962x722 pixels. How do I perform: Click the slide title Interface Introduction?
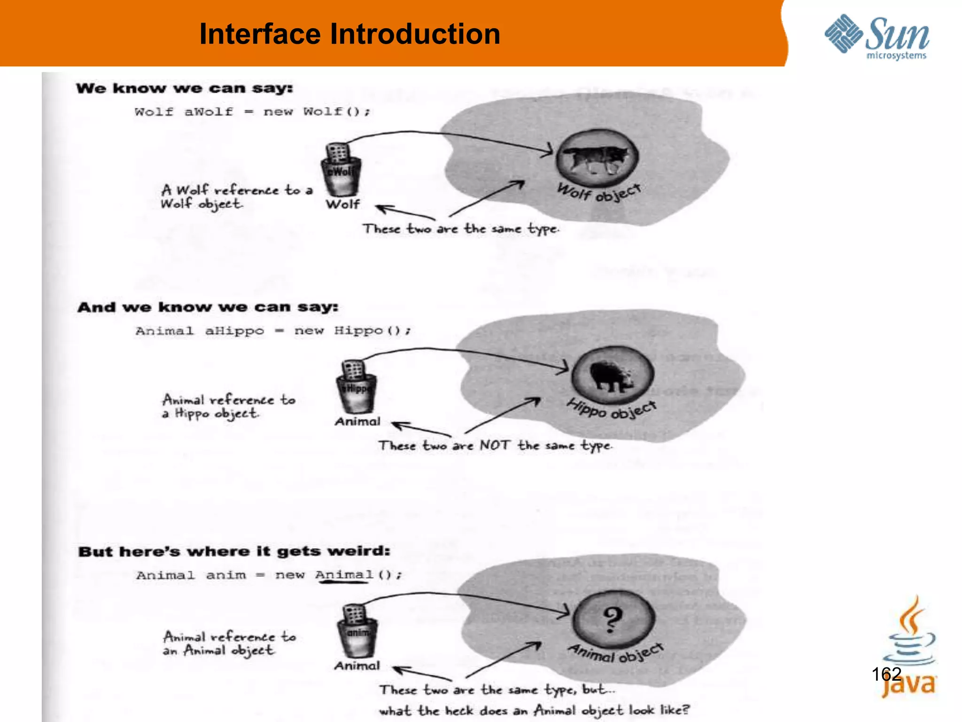(x=349, y=34)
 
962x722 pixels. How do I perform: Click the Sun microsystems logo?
(x=877, y=37)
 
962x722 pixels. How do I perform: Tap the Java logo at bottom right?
(x=909, y=649)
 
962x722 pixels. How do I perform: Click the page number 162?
(x=886, y=674)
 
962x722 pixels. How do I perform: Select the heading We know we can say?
(x=184, y=88)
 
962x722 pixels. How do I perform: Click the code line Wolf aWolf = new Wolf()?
(x=252, y=112)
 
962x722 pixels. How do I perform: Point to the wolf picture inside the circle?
(x=597, y=158)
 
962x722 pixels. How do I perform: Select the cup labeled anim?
(x=357, y=632)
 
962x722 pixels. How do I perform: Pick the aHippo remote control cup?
(x=356, y=387)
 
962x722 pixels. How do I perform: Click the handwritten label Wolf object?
(x=598, y=192)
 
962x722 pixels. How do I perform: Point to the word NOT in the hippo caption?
(x=494, y=445)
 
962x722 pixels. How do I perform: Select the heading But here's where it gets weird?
(x=234, y=551)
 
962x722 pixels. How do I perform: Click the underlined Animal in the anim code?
(x=344, y=575)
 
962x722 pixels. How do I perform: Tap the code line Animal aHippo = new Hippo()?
(x=272, y=331)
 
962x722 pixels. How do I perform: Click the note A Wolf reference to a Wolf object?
(x=236, y=196)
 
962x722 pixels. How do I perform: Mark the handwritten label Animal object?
(x=615, y=652)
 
